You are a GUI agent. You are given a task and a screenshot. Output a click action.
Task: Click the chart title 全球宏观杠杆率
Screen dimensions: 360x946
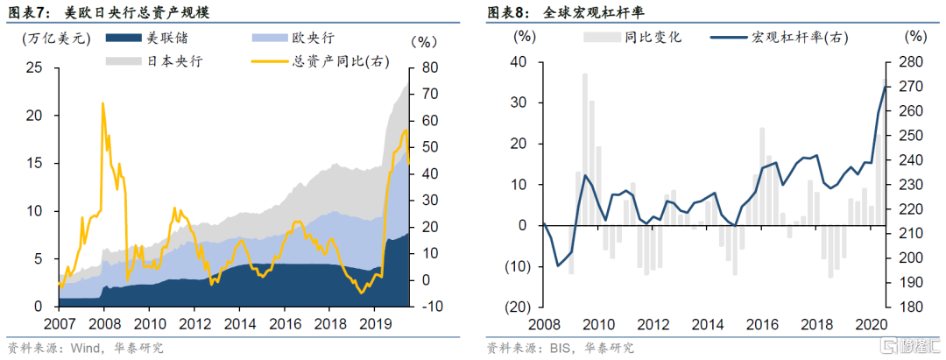[x=604, y=13]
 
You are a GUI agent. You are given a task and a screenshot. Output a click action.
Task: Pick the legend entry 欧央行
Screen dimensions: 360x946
[x=317, y=39]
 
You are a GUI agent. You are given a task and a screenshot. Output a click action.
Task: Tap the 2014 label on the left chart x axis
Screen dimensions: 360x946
[x=239, y=323]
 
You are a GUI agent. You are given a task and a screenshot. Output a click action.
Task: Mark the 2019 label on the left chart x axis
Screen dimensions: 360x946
[x=376, y=323]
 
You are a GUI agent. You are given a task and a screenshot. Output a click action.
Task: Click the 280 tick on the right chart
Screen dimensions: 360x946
[x=913, y=62]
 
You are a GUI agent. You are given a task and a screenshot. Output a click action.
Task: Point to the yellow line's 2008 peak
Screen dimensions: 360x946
[x=102, y=103]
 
